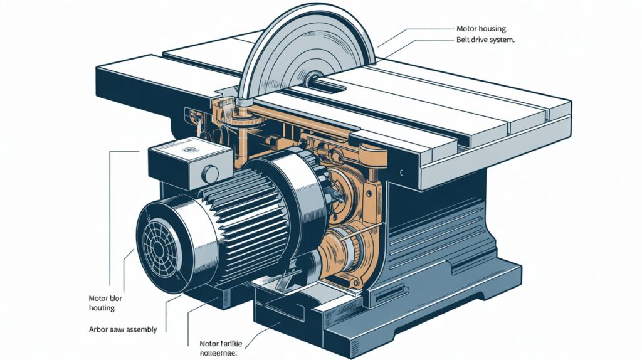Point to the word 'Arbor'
click(99, 329)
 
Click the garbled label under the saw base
click(220, 348)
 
